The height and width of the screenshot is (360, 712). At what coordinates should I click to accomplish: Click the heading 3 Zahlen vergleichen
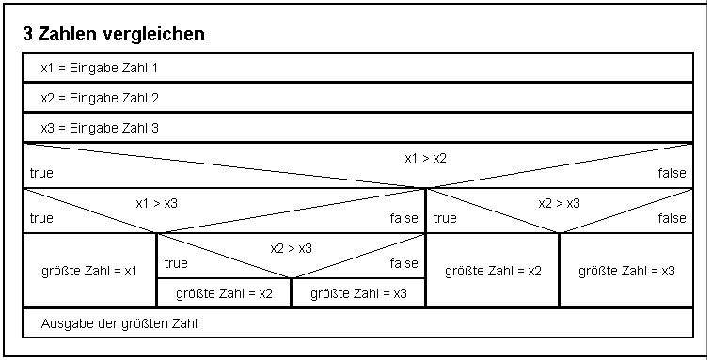coord(114,35)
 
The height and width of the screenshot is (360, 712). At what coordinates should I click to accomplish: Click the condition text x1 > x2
coord(425,157)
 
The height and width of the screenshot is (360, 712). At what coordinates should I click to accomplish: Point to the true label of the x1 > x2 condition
coord(41,173)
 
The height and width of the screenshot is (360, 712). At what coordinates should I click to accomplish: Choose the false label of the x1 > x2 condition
coord(672,173)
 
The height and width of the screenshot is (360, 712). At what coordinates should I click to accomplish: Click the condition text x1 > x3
coord(156,202)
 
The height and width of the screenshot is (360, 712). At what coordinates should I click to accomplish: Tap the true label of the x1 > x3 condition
coord(41,218)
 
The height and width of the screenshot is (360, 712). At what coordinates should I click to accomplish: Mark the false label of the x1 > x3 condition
coord(404,218)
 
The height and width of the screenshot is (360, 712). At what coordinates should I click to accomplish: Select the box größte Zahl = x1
coord(89,271)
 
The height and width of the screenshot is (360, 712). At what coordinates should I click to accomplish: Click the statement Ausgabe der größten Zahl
coord(119,323)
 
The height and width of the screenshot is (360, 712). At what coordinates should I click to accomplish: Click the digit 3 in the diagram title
coord(28,35)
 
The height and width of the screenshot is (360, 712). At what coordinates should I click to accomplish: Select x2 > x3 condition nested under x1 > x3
coord(291,248)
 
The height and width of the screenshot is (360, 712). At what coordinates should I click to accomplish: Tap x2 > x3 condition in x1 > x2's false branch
coord(559,202)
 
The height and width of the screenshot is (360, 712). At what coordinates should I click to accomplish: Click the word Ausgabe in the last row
coord(63,323)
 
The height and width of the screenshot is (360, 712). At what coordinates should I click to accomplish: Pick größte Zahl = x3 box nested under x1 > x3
coord(358,293)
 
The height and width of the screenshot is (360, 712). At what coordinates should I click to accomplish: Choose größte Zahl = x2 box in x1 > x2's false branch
coord(493,271)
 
